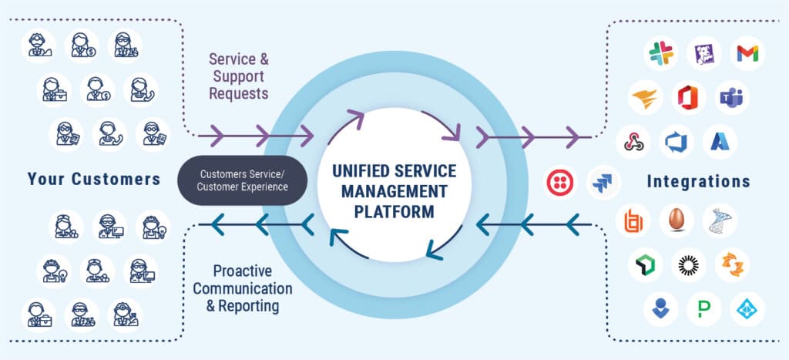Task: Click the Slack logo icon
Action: point(660,53)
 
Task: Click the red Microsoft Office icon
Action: point(687,97)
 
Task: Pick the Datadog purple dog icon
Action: point(703,53)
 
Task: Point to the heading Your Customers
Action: point(94,180)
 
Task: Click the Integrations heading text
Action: point(698,182)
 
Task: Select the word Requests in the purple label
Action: point(239,93)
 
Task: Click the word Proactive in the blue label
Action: point(243,272)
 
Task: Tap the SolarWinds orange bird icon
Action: point(644,97)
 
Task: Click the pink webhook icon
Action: point(633,141)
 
